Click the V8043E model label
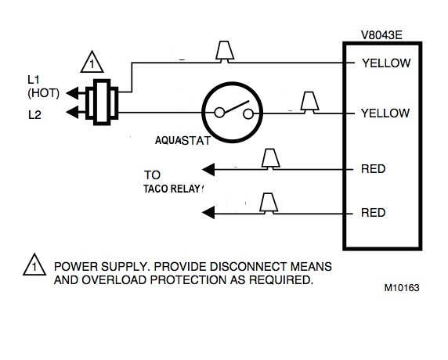[x=381, y=35]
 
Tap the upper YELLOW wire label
[x=386, y=63]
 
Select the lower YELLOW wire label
[x=385, y=113]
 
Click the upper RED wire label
[x=373, y=169]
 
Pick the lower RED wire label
[x=373, y=213]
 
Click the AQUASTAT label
[x=182, y=140]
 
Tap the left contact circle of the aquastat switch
[x=219, y=113]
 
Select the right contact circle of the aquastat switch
[x=248, y=114]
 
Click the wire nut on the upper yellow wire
[x=225, y=52]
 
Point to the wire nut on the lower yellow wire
[x=309, y=103]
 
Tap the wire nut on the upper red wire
[x=270, y=159]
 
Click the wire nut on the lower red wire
[x=269, y=203]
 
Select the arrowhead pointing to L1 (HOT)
[x=73, y=93]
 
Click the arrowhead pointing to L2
[x=73, y=112]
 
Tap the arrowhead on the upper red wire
[x=208, y=170]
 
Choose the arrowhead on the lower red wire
[x=208, y=213]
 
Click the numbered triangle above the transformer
[x=92, y=62]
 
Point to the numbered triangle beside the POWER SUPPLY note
[x=34, y=265]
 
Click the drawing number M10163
[x=402, y=288]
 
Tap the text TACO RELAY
[x=172, y=189]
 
